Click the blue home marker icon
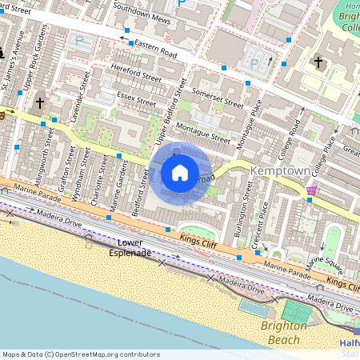coord(180,172)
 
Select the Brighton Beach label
coord(283,332)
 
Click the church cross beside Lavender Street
coord(39,103)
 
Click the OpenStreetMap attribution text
coord(81,354)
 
